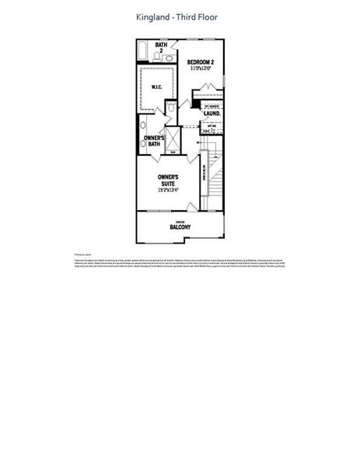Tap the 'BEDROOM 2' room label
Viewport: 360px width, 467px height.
click(201, 61)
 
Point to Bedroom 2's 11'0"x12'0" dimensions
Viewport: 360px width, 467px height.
click(201, 68)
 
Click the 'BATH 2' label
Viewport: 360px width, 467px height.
click(161, 47)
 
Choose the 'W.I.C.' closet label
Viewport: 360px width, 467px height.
click(156, 87)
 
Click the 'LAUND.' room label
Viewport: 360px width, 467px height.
click(212, 113)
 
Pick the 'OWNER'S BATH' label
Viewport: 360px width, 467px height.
click(153, 141)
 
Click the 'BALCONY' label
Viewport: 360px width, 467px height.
click(180, 227)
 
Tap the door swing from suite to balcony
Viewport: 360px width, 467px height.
click(191, 206)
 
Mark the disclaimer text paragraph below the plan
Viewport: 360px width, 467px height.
click(180, 264)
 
